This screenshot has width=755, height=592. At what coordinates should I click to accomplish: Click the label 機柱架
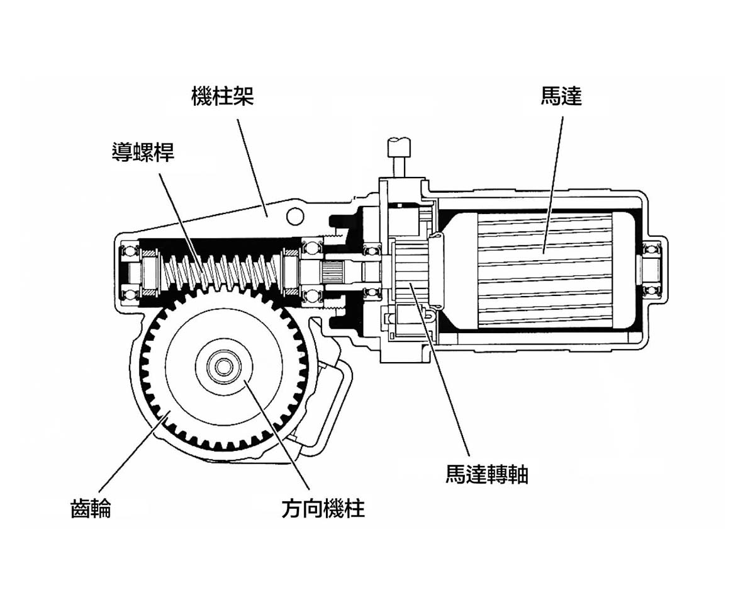coord(223,96)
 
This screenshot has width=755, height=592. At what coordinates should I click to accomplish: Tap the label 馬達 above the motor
coord(562,96)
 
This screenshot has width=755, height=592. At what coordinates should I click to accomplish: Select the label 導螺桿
coord(143,152)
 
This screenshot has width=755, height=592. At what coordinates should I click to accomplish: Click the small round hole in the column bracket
coord(295,216)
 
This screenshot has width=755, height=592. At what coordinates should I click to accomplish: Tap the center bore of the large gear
coord(224,366)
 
